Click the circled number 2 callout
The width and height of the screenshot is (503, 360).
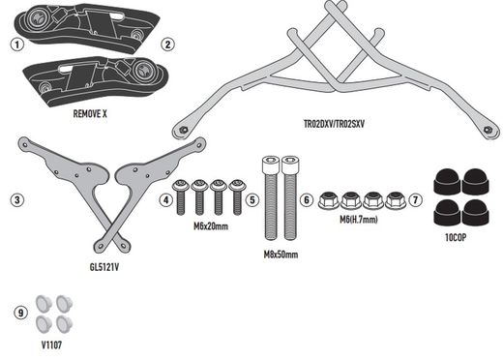tap(167, 45)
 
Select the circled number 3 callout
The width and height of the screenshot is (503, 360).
tap(16, 200)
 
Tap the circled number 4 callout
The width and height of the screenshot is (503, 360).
tap(166, 200)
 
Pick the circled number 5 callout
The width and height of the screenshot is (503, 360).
tap(252, 200)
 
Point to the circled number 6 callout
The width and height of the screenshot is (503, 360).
tap(306, 200)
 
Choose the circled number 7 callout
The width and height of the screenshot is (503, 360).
tap(417, 200)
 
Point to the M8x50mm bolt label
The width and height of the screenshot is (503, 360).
tap(281, 255)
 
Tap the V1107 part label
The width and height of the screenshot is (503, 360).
tap(51, 342)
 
